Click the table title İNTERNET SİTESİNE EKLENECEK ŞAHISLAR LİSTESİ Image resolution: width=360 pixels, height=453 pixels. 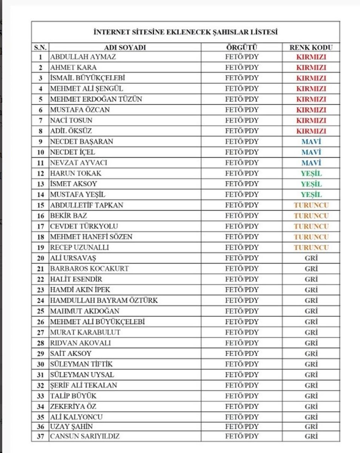pyautogui.click(x=185, y=32)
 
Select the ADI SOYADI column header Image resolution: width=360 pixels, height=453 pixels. pyautogui.click(x=125, y=48)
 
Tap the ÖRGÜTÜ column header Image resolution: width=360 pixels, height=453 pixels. pyautogui.click(x=242, y=48)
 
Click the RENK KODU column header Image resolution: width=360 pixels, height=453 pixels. pyautogui.click(x=311, y=48)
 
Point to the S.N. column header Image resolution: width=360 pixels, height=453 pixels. pyautogui.click(x=40, y=48)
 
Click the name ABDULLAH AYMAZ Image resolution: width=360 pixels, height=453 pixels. pyautogui.click(x=83, y=57)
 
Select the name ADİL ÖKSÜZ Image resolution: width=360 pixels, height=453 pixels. pyautogui.click(x=71, y=131)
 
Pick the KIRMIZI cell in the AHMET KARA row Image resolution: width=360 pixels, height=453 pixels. pyautogui.click(x=311, y=68)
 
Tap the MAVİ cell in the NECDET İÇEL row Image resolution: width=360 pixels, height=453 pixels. pyautogui.click(x=311, y=153)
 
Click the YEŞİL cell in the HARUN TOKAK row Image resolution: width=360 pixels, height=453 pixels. pyautogui.click(x=311, y=174)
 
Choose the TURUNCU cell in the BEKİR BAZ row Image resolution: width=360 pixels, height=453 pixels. pyautogui.click(x=311, y=216)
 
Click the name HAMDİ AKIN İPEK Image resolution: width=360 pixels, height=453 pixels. pyautogui.click(x=80, y=290)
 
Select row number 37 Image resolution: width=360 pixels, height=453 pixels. pyautogui.click(x=40, y=436)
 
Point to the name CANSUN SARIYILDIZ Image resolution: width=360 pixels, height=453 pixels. pyautogui.click(x=85, y=436)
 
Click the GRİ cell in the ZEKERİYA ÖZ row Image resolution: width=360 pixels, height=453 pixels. pyautogui.click(x=311, y=407)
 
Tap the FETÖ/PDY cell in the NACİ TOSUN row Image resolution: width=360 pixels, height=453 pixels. pyautogui.click(x=242, y=121)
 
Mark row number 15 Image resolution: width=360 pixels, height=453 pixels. pyautogui.click(x=40, y=205)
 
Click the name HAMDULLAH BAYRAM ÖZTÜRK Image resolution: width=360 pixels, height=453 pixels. pyautogui.click(x=104, y=300)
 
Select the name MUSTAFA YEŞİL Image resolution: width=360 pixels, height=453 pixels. pyautogui.click(x=77, y=195)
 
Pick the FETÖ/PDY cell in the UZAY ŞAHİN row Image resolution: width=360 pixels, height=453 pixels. pyautogui.click(x=242, y=427)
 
